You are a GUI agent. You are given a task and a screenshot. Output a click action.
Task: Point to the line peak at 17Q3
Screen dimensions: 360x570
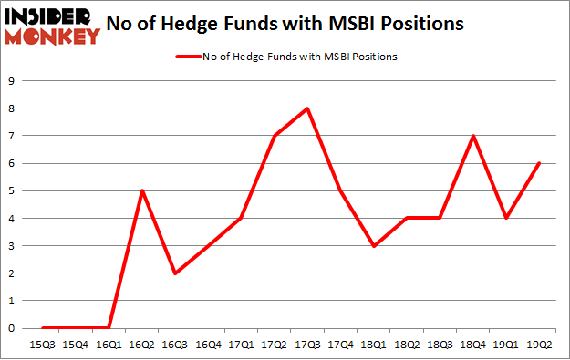pyautogui.click(x=307, y=108)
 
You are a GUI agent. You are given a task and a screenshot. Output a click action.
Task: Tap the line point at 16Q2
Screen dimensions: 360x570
pyautogui.click(x=142, y=190)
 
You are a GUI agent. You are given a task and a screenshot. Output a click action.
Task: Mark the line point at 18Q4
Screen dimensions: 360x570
pyautogui.click(x=472, y=136)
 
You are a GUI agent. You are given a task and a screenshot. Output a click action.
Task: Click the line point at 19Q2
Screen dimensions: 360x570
pyautogui.click(x=539, y=163)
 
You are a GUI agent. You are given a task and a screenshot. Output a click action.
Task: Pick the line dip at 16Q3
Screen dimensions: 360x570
pyautogui.click(x=175, y=273)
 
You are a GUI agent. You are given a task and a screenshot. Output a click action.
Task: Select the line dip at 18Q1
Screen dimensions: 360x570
pyautogui.click(x=374, y=246)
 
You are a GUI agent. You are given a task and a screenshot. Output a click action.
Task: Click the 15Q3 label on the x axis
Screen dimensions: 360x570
pyautogui.click(x=43, y=345)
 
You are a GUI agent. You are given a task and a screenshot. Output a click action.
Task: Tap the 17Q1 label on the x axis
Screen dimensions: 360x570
pyautogui.click(x=242, y=345)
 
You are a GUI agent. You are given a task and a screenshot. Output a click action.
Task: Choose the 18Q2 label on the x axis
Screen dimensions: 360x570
pyautogui.click(x=407, y=345)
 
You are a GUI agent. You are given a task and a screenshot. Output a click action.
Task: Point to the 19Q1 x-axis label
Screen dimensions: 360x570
pyautogui.click(x=506, y=345)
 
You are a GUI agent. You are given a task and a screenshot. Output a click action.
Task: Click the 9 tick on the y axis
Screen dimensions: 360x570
pyautogui.click(x=11, y=81)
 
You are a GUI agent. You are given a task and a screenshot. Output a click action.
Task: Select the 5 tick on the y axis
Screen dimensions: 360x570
pyautogui.click(x=11, y=190)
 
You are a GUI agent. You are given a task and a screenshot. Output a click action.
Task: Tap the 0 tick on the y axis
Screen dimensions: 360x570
pyautogui.click(x=11, y=328)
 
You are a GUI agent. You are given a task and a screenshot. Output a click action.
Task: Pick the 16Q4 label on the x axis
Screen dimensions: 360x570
pyautogui.click(x=208, y=345)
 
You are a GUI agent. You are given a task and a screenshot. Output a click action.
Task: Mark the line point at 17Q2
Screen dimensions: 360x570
pyautogui.click(x=275, y=136)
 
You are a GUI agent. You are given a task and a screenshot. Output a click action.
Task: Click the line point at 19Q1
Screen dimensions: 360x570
pyautogui.click(x=506, y=219)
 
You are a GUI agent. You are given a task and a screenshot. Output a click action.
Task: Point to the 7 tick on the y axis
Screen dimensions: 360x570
pyautogui.click(x=11, y=136)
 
